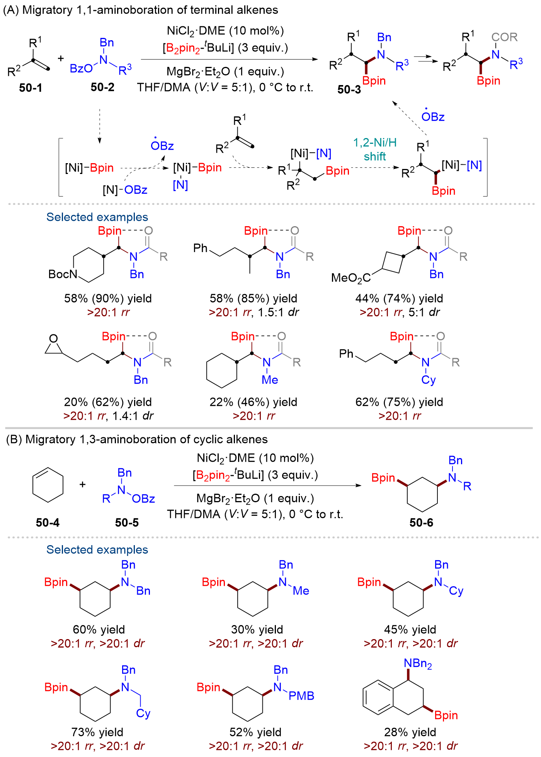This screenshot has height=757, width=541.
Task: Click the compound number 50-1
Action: tap(31, 88)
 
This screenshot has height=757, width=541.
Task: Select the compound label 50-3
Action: tap(349, 90)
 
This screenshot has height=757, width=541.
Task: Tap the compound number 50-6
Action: tap(421, 523)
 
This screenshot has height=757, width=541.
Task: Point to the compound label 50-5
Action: tap(127, 523)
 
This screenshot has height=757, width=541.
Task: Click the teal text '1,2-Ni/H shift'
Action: tap(375, 150)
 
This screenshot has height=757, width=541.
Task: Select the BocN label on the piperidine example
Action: tap(63, 274)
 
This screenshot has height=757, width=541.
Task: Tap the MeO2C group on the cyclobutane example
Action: tap(351, 278)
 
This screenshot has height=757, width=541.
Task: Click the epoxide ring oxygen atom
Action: tap(54, 339)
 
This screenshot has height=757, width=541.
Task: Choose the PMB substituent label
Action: tap(301, 696)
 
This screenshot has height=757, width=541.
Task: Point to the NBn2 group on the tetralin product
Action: tap(418, 663)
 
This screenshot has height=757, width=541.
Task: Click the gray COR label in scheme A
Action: tap(504, 37)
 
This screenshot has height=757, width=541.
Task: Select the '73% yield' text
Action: tap(97, 732)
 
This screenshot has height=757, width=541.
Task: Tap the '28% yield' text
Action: tap(410, 732)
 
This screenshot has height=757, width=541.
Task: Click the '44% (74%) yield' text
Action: tap(399, 298)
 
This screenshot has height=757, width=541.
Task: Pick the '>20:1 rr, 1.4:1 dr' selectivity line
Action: tap(108, 416)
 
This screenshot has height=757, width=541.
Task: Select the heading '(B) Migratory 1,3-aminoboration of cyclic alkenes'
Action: tap(137, 440)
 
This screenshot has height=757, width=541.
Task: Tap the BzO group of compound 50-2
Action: tap(81, 69)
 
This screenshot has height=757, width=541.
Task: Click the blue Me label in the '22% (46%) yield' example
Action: tap(270, 380)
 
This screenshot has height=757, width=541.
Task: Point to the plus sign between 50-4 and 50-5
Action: tap(83, 484)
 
